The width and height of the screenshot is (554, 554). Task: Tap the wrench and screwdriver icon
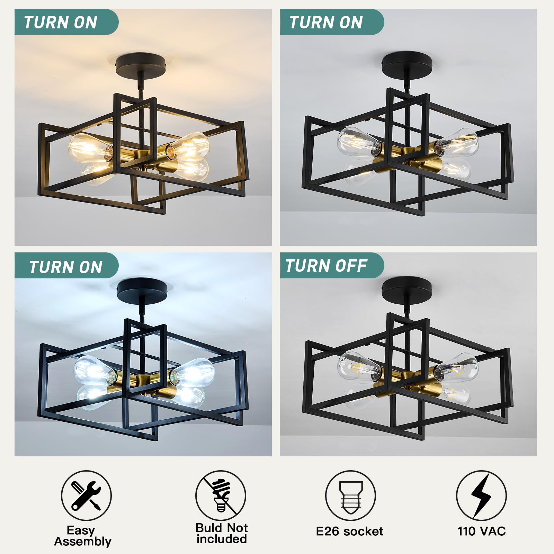tap(86, 495)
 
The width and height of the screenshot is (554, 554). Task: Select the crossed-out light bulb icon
tap(221, 495)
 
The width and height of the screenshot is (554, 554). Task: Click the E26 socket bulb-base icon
tap(350, 495)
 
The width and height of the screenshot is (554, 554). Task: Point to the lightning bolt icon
tap(481, 495)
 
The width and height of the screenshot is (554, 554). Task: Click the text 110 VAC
tap(481, 531)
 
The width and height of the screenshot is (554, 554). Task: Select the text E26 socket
tap(349, 531)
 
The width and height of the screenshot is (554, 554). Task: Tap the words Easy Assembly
tap(82, 536)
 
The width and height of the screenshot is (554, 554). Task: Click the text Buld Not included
tap(222, 533)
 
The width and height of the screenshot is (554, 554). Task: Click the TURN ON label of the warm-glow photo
tap(61, 23)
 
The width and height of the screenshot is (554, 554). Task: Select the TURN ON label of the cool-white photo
tap(66, 267)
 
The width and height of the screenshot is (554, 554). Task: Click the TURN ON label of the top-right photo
tap(326, 23)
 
